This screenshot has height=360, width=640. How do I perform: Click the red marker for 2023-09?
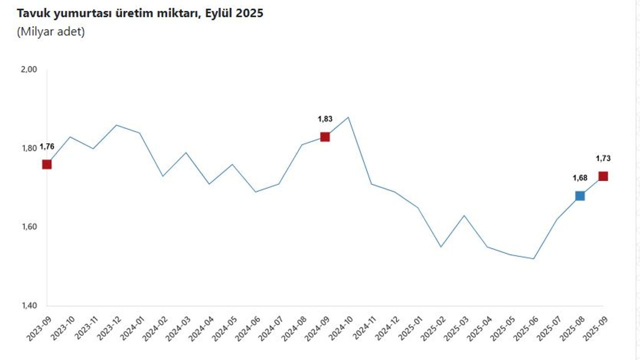click(47, 164)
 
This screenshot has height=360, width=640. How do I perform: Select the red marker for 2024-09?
click(324, 136)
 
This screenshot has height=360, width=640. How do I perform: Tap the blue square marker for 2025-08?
click(580, 195)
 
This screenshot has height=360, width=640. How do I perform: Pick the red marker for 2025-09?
click(603, 176)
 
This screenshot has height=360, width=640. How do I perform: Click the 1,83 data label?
click(325, 119)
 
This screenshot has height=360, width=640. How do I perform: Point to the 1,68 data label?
click(580, 177)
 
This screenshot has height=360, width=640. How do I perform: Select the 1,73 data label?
click(603, 158)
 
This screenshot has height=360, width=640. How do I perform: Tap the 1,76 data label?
click(47, 146)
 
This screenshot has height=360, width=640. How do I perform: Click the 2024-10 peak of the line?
click(348, 117)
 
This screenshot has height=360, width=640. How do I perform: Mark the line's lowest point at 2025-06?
click(533, 258)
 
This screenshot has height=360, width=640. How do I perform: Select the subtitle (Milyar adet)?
click(51, 32)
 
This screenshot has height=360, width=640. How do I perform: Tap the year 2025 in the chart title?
click(250, 13)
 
